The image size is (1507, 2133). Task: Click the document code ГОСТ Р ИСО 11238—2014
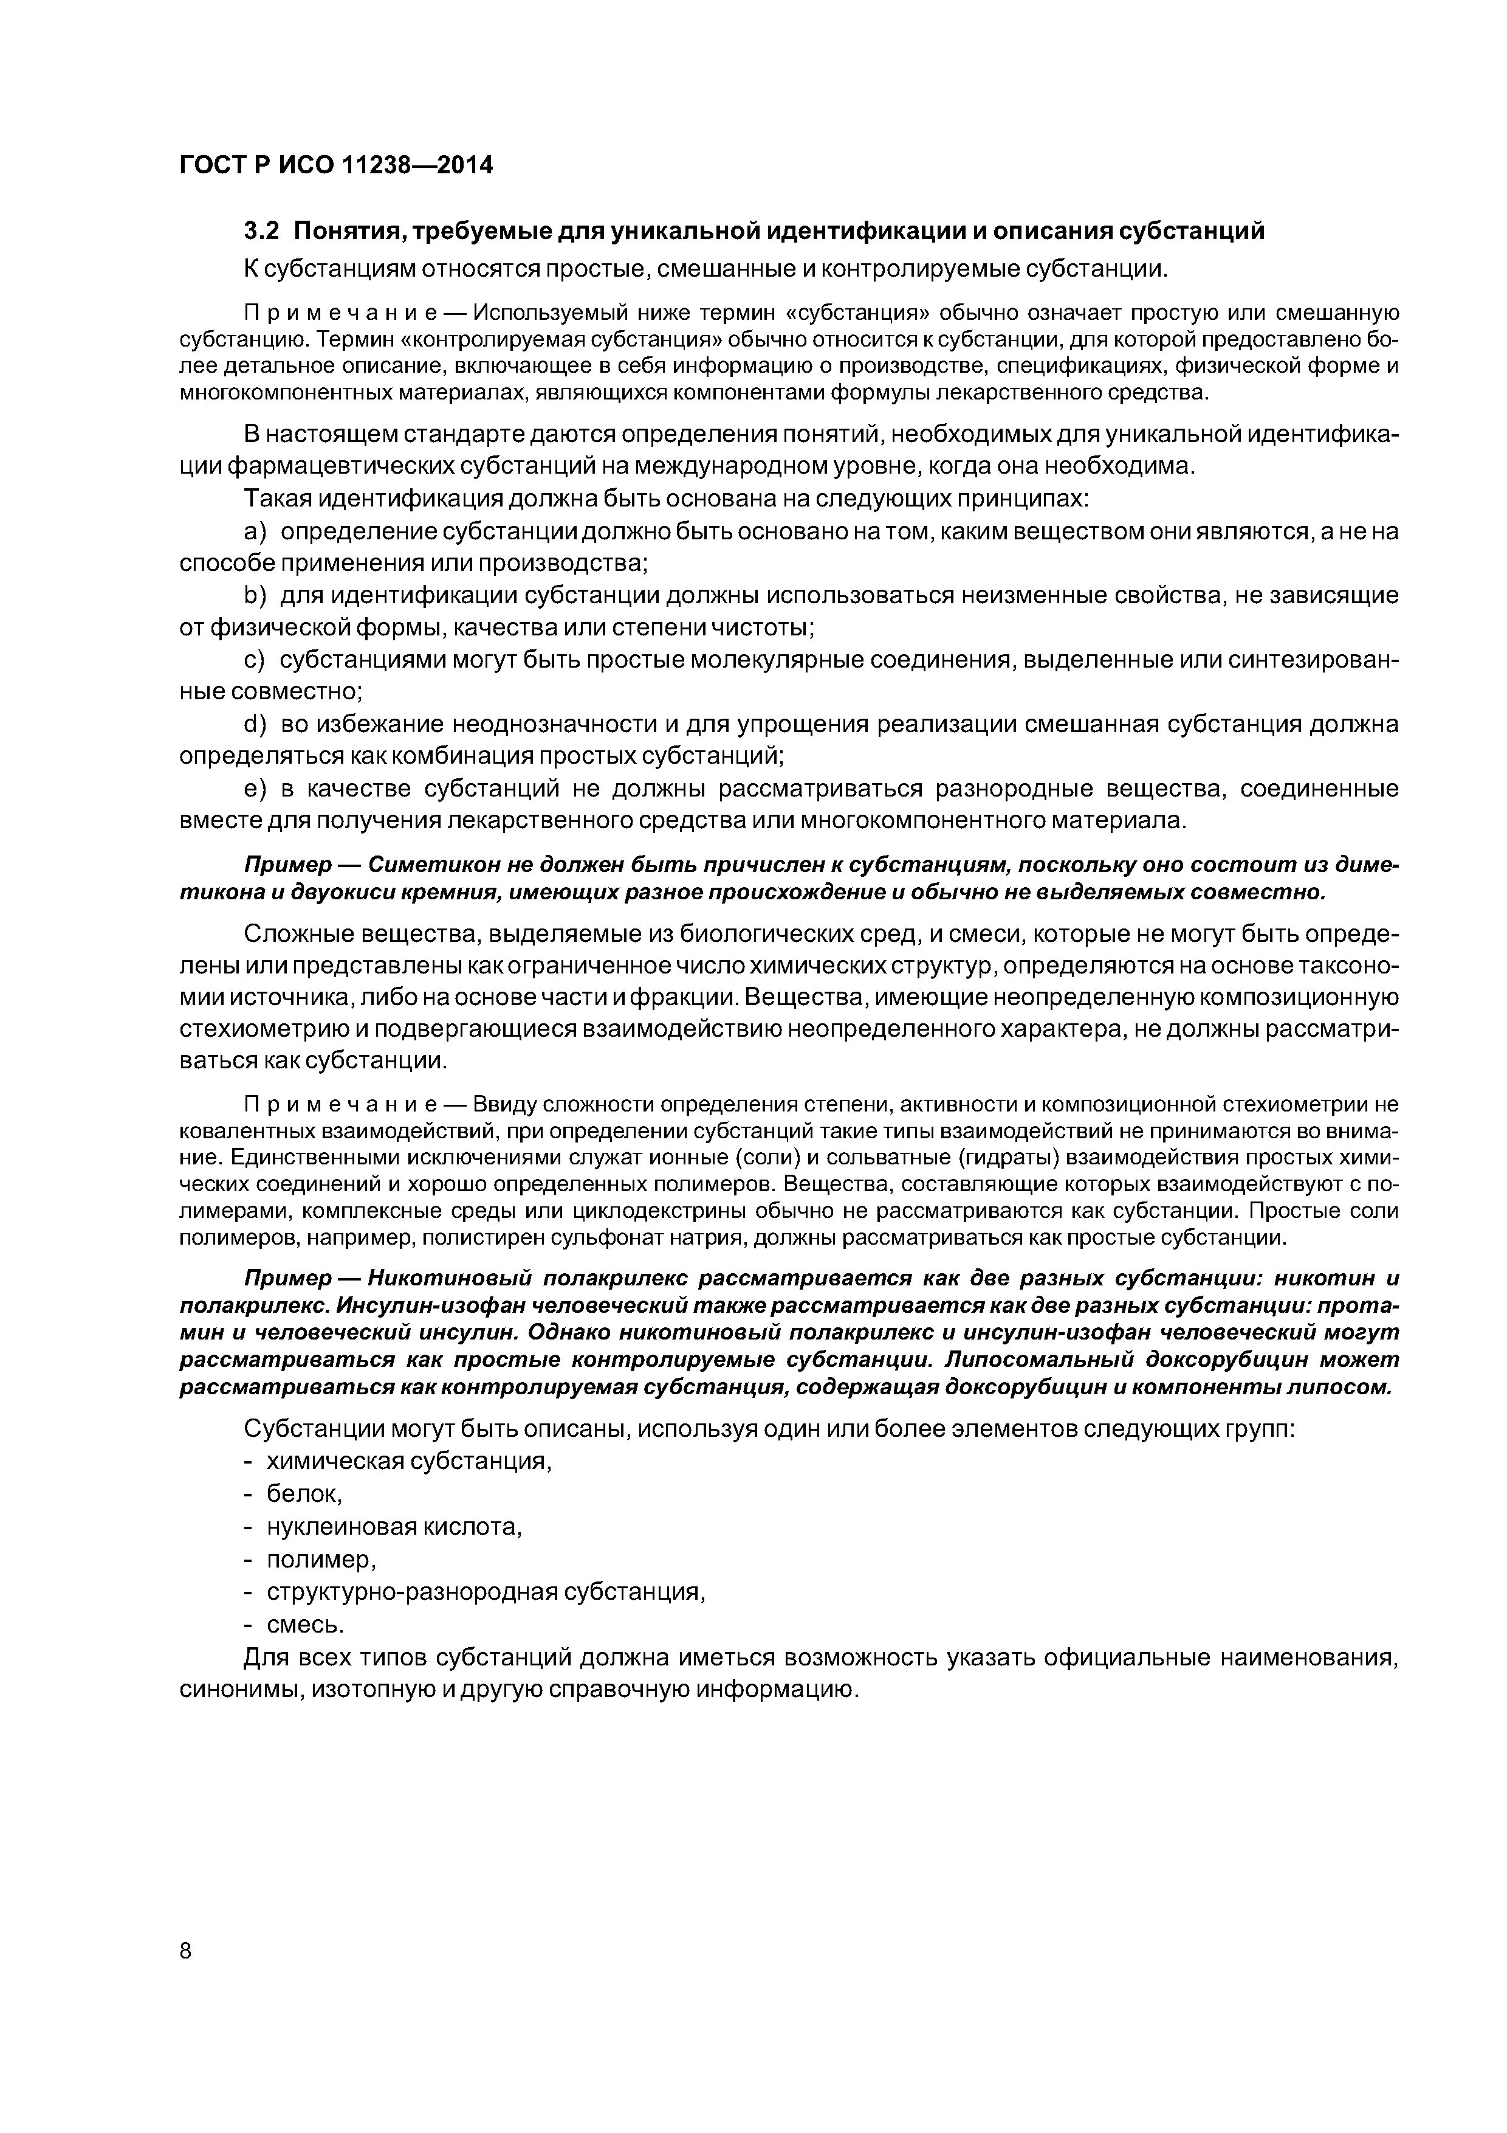pos(335,165)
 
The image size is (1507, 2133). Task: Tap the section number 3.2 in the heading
pos(261,231)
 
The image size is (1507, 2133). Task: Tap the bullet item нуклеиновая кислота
pos(394,1526)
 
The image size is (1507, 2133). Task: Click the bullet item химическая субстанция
pos(408,1461)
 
